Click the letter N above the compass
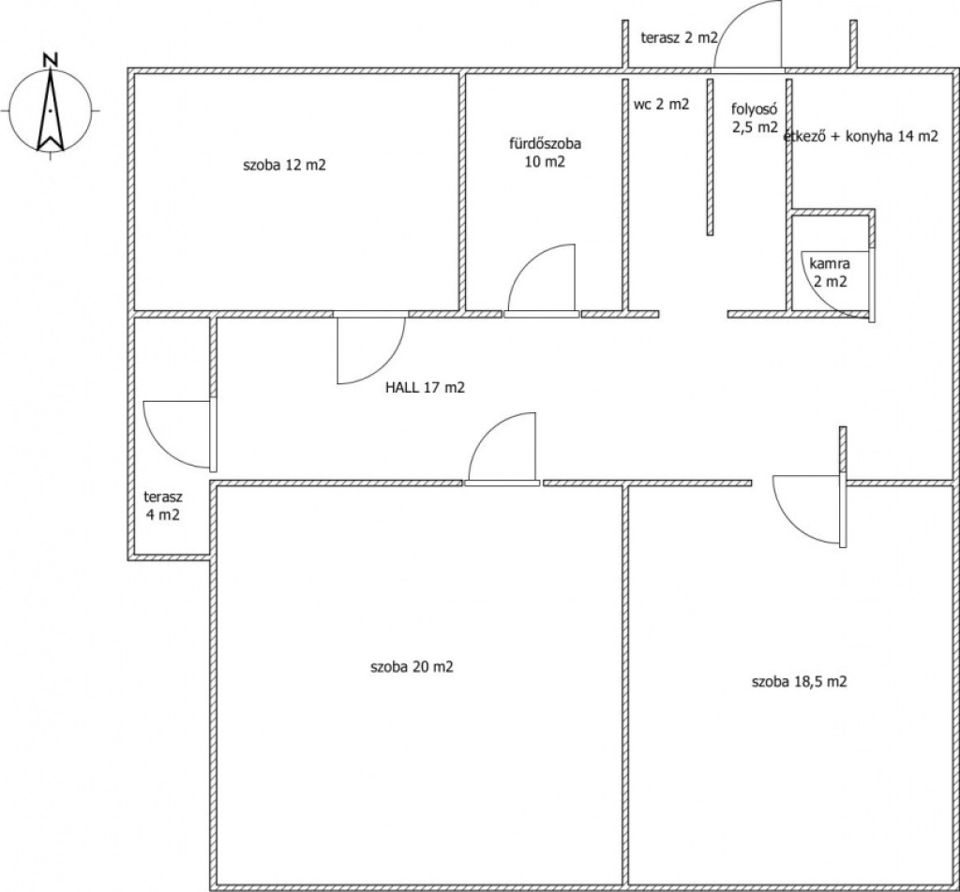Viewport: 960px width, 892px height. point(51,59)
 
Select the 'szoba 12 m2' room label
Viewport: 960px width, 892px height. point(284,165)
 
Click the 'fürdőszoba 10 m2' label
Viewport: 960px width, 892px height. point(545,153)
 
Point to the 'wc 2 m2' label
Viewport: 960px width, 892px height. point(661,104)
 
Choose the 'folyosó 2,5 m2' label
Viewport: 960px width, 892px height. point(755,118)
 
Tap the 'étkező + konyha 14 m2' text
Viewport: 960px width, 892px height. point(861,136)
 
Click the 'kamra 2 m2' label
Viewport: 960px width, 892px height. point(830,273)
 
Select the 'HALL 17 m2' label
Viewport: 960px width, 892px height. point(425,387)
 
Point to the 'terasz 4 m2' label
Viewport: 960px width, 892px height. point(163,505)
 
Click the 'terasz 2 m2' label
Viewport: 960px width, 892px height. point(679,37)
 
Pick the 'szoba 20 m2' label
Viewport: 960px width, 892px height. point(412,666)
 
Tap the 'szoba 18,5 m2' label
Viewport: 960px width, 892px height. point(799,681)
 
